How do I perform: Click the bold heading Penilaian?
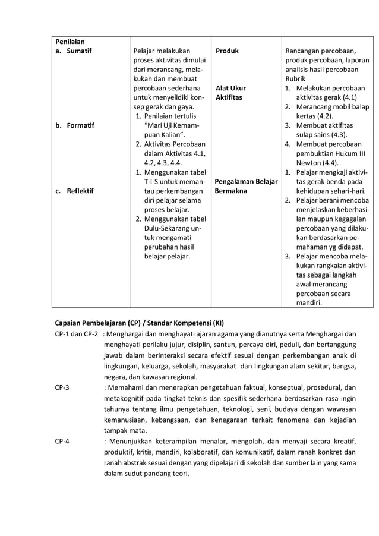point(70,42)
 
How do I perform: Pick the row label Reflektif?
point(81,191)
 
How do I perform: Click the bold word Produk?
point(227,51)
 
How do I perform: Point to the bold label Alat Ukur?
point(230,89)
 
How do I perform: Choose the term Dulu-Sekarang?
point(168,228)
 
